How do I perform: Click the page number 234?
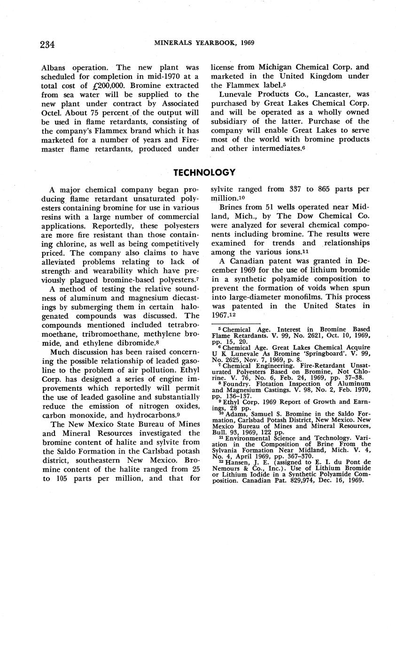pyautogui.click(x=47, y=45)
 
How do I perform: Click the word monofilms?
pyautogui.click(x=300, y=297)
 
